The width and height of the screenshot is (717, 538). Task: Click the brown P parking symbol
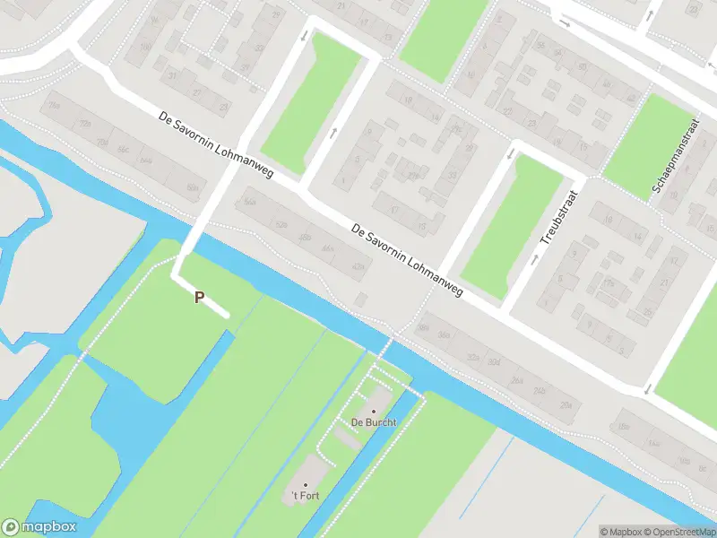[x=199, y=298]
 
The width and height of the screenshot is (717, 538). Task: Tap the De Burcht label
[x=374, y=421]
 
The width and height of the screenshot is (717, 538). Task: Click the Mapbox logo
[x=39, y=527]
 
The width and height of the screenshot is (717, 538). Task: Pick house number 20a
[x=565, y=405]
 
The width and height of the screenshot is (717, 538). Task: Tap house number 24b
[x=539, y=392]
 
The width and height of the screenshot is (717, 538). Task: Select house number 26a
[x=515, y=380]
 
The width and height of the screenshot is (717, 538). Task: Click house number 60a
[x=192, y=187]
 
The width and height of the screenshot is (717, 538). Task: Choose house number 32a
[x=472, y=357]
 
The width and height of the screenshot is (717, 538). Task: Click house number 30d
[x=493, y=362]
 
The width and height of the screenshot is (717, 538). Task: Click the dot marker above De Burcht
[x=374, y=411]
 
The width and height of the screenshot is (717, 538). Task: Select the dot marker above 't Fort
[x=306, y=485]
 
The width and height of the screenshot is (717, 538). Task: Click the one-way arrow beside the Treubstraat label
[x=535, y=259]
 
